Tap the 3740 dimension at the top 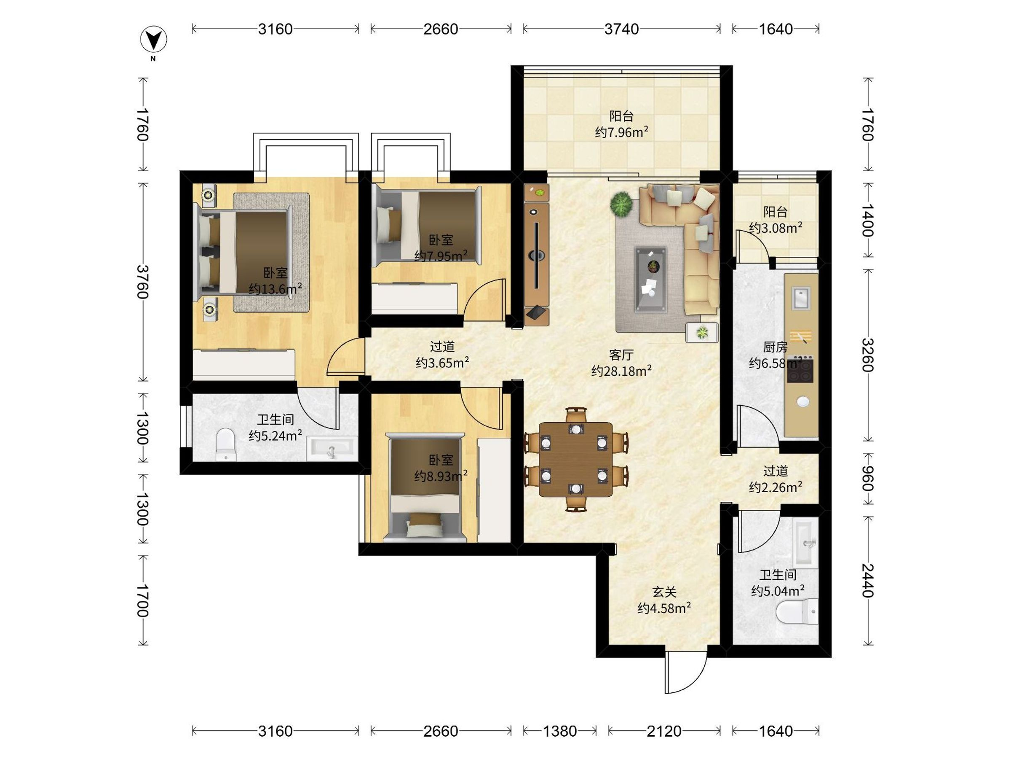621,29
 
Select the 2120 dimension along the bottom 663,731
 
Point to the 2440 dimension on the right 867,581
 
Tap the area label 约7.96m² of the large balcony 621,132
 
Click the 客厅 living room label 621,355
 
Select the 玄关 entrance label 663,592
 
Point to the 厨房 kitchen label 775,347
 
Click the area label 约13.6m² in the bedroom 275,289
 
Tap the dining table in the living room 575,459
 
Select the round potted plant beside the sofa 622,204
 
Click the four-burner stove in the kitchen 800,370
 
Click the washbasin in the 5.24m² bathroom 332,448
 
